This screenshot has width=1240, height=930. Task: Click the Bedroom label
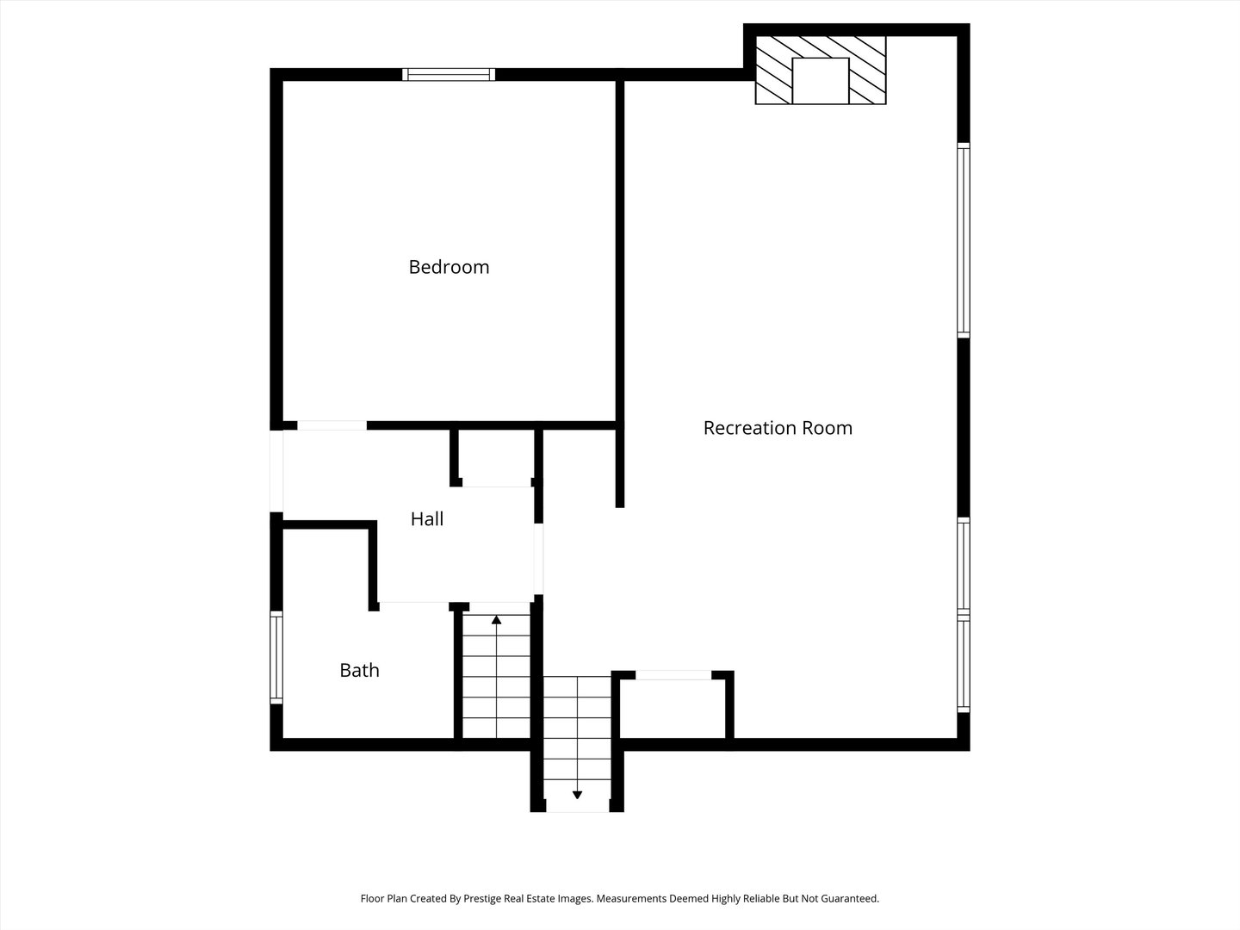tap(449, 267)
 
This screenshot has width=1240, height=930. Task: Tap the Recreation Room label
tap(778, 428)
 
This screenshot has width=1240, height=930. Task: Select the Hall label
tap(426, 519)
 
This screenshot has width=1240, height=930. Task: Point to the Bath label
tap(359, 670)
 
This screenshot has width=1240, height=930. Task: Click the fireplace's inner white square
tap(821, 81)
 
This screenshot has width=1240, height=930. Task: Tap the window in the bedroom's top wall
tap(449, 75)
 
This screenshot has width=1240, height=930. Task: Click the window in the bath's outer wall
tap(276, 657)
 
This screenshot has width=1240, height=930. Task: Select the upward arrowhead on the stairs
tap(497, 620)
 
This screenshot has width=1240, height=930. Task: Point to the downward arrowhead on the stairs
tap(577, 795)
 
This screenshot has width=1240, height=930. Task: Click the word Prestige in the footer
tap(484, 898)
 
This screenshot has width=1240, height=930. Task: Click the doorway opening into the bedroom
tap(332, 425)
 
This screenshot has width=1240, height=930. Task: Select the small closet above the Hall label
tap(496, 457)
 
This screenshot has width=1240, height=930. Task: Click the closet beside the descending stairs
tap(673, 709)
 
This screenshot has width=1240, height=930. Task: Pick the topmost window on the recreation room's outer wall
tap(964, 240)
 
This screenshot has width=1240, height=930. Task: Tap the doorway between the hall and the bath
tap(414, 606)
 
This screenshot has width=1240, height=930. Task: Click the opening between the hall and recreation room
tap(539, 559)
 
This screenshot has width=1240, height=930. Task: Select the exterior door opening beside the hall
tap(276, 471)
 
